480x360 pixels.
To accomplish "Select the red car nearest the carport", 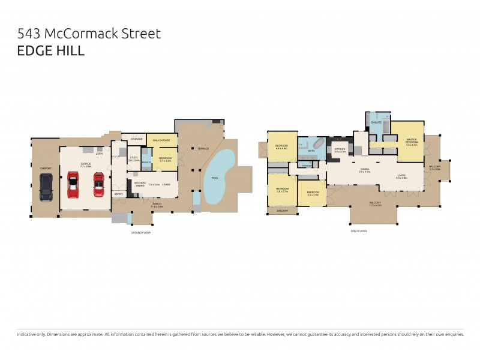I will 73,185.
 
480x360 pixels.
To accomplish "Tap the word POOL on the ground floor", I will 215,178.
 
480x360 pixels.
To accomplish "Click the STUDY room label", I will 133,158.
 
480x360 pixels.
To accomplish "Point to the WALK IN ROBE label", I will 161,140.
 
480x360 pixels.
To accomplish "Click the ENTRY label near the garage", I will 119,194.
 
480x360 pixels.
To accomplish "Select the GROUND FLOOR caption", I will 141,232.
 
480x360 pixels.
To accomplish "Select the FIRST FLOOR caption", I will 359,231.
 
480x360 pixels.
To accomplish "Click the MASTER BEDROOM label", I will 411,141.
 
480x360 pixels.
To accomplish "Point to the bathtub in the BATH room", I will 318,145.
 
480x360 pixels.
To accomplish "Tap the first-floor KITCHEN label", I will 340,149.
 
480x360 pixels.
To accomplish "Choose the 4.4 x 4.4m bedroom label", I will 281,146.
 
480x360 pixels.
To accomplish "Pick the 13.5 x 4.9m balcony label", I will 375,203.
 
